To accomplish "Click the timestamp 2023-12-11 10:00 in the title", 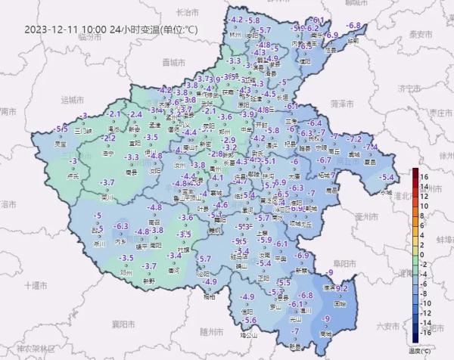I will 65,29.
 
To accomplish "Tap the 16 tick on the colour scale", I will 425,176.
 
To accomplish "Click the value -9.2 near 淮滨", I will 340,288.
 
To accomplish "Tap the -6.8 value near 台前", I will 353,26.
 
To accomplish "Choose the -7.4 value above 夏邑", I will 371,147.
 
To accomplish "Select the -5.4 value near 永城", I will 387,177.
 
